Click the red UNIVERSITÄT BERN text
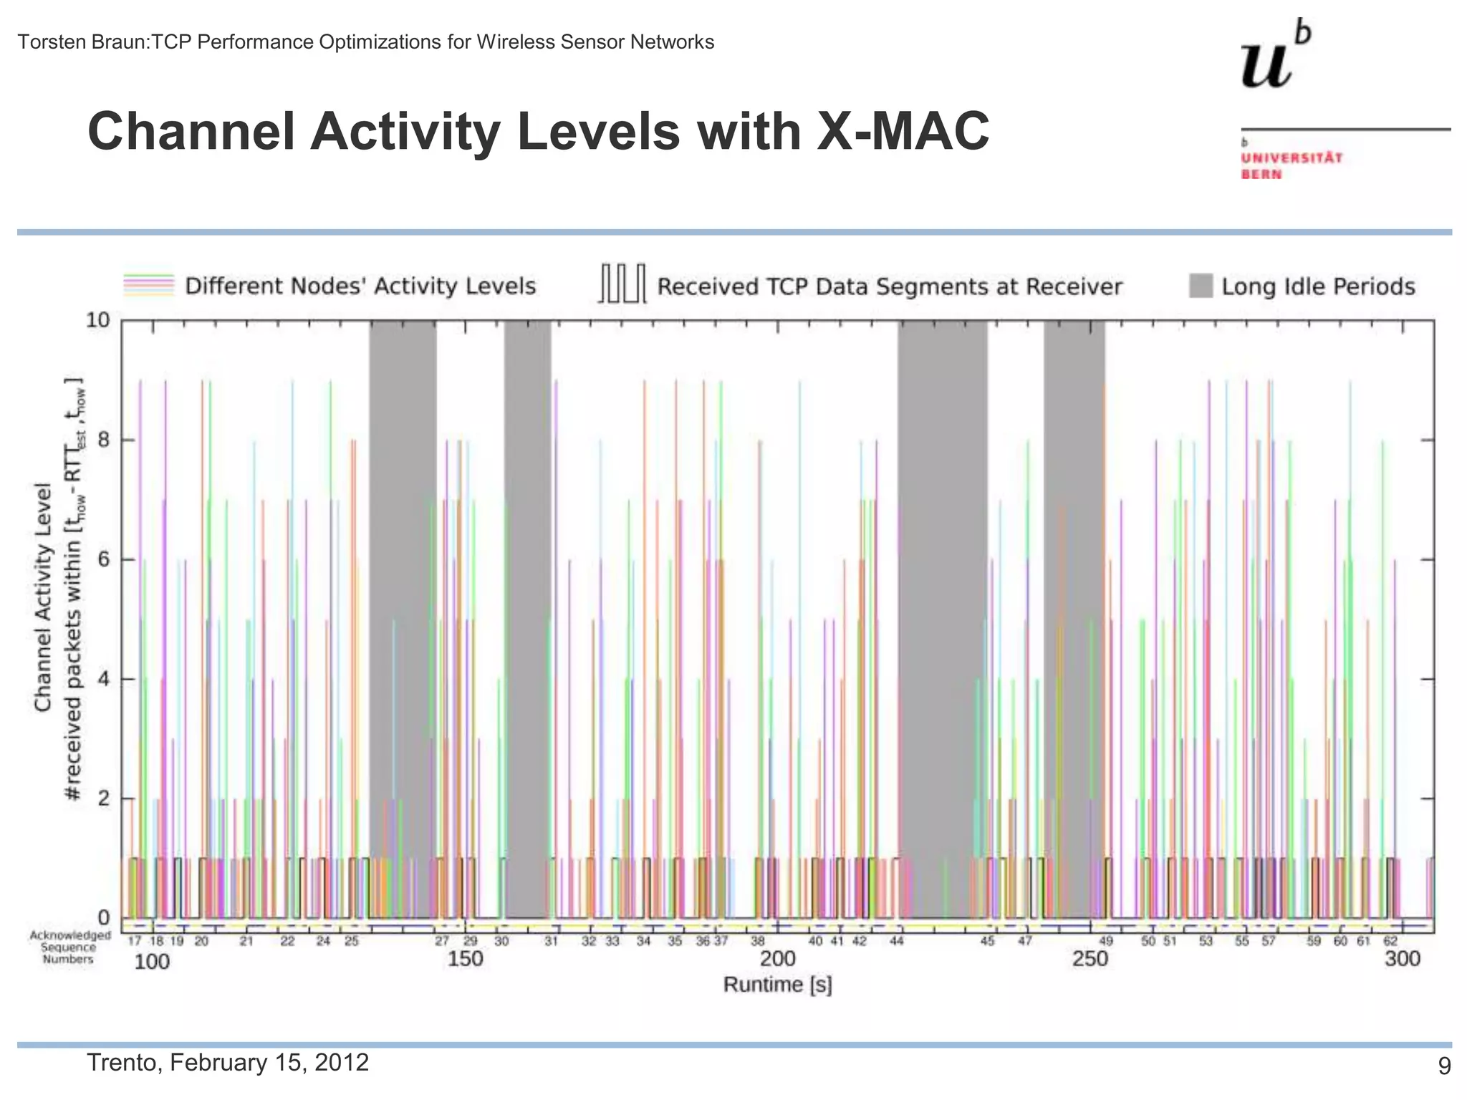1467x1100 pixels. tap(1291, 165)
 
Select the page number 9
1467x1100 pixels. tap(1444, 1066)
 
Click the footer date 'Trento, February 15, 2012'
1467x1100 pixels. tap(228, 1062)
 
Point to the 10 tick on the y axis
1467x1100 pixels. tap(99, 320)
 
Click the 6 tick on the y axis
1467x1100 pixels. tap(105, 559)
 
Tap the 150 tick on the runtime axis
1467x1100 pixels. tap(465, 959)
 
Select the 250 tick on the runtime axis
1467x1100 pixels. tap(1090, 959)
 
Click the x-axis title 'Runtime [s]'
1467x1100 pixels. tap(777, 985)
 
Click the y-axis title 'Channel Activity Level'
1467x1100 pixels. tap(43, 596)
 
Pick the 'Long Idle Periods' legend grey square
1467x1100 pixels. tap(1201, 286)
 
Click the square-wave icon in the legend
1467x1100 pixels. tap(622, 284)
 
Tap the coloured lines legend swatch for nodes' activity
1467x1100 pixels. tap(149, 285)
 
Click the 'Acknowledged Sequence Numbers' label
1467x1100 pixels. tap(69, 947)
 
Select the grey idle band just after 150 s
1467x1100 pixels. tap(527, 616)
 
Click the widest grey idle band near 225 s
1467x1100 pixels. tap(942, 616)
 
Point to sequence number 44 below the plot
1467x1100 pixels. tap(896, 941)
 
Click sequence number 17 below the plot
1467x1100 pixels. tap(135, 941)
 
